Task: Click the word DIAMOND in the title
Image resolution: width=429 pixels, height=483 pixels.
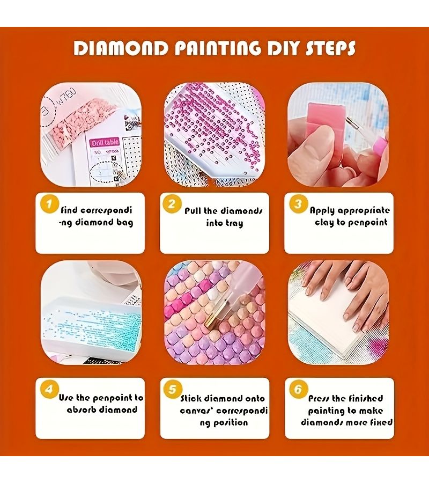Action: (x=121, y=49)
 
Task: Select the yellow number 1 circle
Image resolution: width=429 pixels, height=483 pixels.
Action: (x=50, y=203)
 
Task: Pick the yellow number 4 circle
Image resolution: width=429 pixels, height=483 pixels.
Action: (x=50, y=390)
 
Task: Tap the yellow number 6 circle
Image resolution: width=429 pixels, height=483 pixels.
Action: (x=299, y=390)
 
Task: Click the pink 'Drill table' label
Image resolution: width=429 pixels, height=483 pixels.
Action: (x=105, y=143)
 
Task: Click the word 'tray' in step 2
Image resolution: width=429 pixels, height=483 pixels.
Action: (x=233, y=223)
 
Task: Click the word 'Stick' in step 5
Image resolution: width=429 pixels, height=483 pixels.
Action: (x=191, y=398)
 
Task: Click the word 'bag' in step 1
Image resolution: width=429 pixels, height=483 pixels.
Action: (x=124, y=223)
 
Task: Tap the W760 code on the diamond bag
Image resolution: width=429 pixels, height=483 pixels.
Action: (x=67, y=97)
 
